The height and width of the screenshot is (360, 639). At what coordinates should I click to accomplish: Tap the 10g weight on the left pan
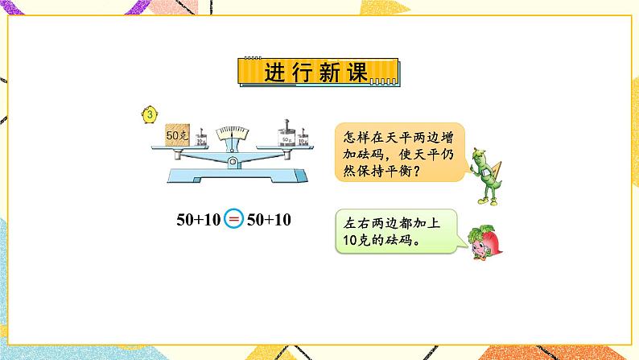202,134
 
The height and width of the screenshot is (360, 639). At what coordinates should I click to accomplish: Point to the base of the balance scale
233,177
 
